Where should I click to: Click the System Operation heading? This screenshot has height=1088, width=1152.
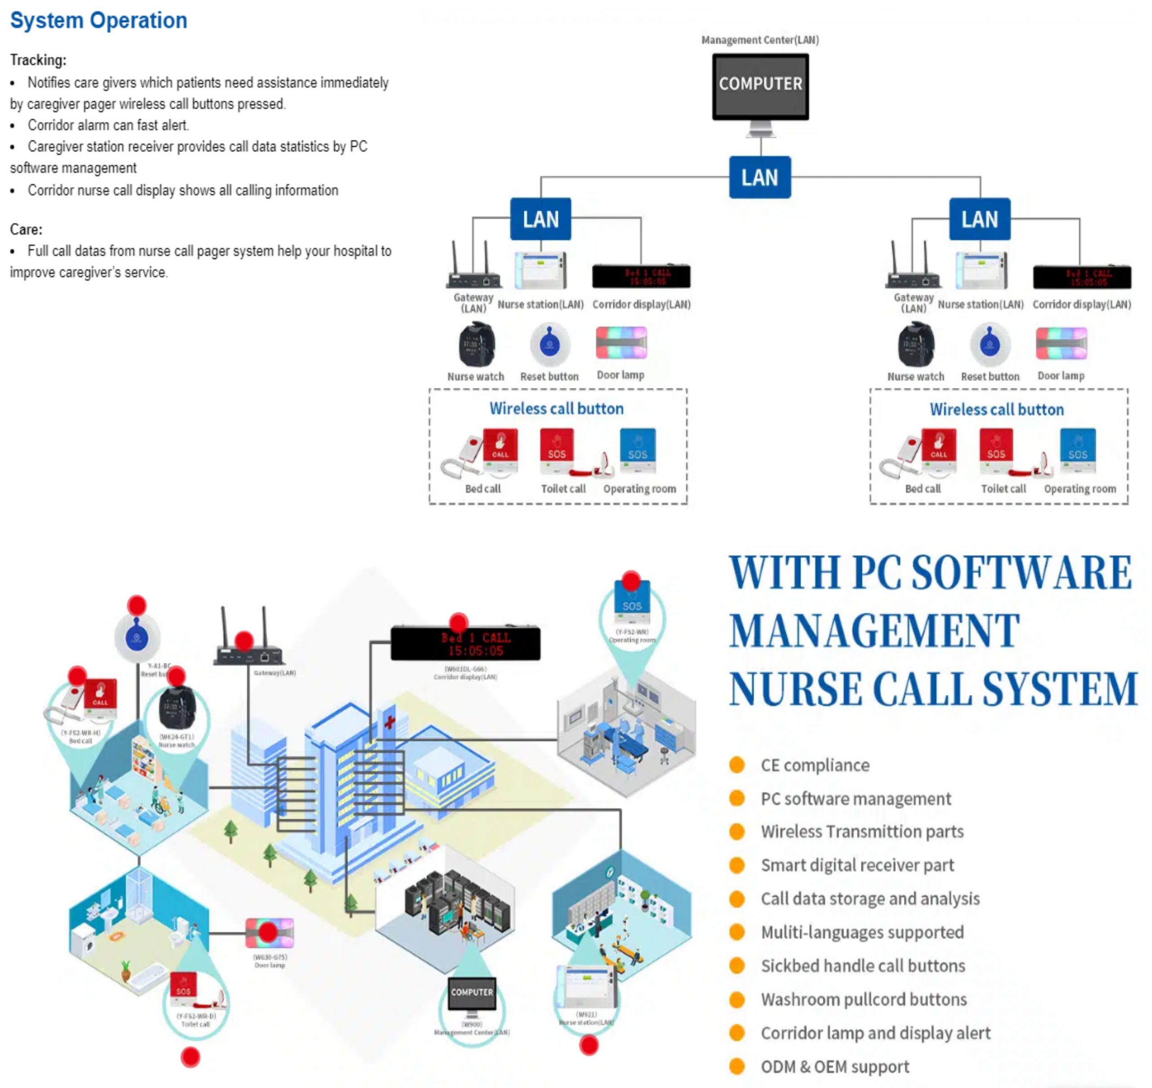click(x=99, y=21)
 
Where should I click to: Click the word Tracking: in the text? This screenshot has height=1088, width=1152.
click(x=38, y=60)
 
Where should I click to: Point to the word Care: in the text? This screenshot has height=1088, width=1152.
click(x=26, y=229)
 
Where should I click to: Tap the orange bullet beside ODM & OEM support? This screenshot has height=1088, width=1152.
click(x=737, y=1066)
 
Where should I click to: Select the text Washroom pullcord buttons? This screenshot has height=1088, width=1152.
click(x=864, y=999)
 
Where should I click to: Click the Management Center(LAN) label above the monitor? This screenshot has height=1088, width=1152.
click(x=760, y=40)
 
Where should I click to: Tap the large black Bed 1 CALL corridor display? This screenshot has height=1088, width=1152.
click(x=465, y=644)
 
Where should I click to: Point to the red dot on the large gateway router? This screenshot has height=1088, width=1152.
click(x=243, y=641)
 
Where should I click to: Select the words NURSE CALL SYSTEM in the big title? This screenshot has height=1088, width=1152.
click(x=933, y=688)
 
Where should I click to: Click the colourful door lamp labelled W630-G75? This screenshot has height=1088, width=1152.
click(x=270, y=933)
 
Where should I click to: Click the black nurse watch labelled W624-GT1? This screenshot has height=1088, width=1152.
click(x=177, y=707)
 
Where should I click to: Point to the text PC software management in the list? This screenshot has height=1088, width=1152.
click(x=855, y=799)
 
